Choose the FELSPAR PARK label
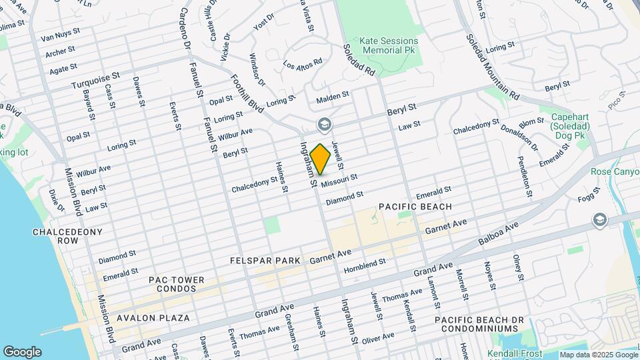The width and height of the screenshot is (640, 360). click(x=261, y=260)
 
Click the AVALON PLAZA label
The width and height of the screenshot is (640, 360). click(x=153, y=318)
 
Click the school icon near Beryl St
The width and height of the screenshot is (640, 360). click(x=324, y=125)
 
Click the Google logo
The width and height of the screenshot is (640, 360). click(x=22, y=351)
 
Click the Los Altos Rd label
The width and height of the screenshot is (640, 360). click(x=303, y=64)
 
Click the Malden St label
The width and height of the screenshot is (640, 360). click(x=333, y=97)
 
